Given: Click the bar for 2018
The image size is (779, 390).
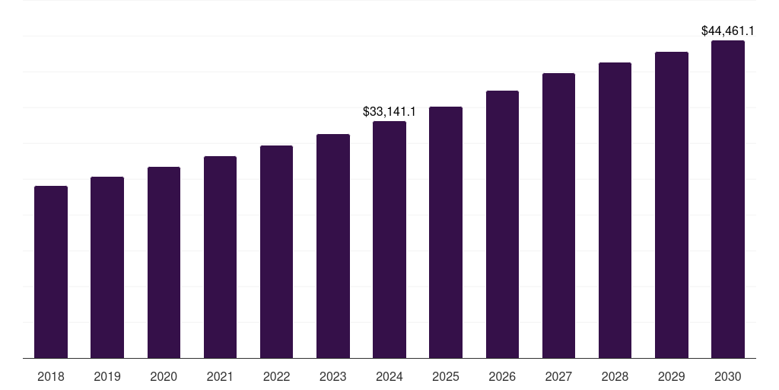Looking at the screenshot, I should pyautogui.click(x=51, y=272).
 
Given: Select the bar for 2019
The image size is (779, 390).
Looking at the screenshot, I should pyautogui.click(x=107, y=267).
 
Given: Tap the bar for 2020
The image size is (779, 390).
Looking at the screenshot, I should pyautogui.click(x=164, y=263).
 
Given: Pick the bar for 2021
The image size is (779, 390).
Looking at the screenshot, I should pyautogui.click(x=220, y=257).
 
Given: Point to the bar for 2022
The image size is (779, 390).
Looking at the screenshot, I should pyautogui.click(x=276, y=252).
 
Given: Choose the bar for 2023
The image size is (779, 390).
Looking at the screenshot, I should pyautogui.click(x=333, y=246).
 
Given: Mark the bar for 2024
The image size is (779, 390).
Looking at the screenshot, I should pyautogui.click(x=389, y=240).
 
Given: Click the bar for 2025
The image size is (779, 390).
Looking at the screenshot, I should pyautogui.click(x=446, y=232).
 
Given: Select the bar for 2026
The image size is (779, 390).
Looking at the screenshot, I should pyautogui.click(x=502, y=225).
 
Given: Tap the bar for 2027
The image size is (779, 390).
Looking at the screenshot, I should pyautogui.click(x=558, y=216).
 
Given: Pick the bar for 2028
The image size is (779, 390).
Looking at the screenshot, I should pyautogui.click(x=615, y=210).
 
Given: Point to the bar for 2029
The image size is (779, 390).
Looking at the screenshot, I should pyautogui.click(x=672, y=205).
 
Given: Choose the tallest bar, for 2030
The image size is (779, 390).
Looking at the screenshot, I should pyautogui.click(x=728, y=200).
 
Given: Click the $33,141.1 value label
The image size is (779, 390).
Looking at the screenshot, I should pyautogui.click(x=389, y=112).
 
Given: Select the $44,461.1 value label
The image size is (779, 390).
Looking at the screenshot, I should pyautogui.click(x=728, y=31).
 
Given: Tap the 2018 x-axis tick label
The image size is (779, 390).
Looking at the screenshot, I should pyautogui.click(x=51, y=376).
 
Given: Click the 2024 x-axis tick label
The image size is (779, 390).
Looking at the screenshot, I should pyautogui.click(x=389, y=376).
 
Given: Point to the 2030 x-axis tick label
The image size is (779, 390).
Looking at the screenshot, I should pyautogui.click(x=728, y=376).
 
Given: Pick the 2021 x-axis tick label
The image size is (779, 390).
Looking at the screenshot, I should pyautogui.click(x=220, y=376).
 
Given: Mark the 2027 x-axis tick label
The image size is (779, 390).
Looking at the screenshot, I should pyautogui.click(x=558, y=376).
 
